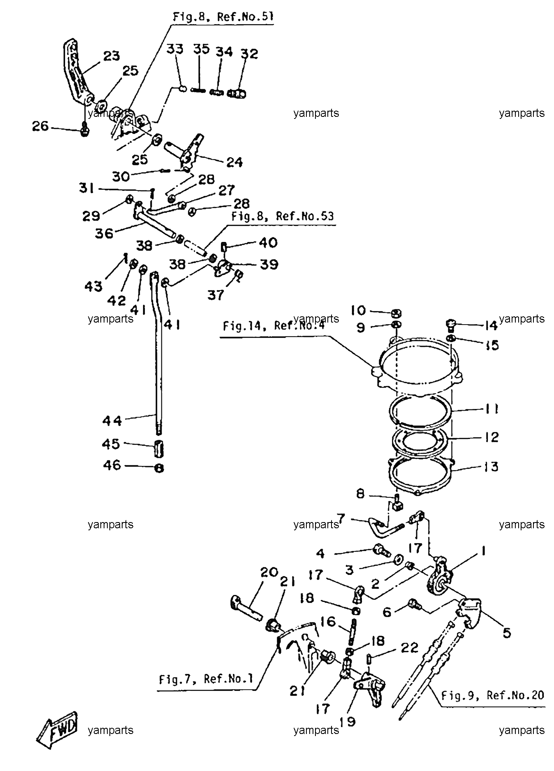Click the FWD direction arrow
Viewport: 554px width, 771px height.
tap(56, 730)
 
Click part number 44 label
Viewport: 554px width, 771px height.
tap(112, 421)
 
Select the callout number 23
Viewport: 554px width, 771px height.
tap(111, 56)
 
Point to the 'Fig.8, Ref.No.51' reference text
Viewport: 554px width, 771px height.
tap(223, 17)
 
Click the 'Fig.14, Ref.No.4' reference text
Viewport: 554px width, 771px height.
tap(274, 326)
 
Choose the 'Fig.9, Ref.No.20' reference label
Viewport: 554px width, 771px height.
tap(493, 696)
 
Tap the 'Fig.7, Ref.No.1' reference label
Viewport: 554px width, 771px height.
tap(206, 679)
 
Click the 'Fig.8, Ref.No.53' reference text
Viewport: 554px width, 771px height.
tap(283, 217)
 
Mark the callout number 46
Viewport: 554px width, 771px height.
tap(112, 465)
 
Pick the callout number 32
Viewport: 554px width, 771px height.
tap(249, 54)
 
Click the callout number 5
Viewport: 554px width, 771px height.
tap(507, 633)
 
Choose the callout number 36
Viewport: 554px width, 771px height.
tap(104, 233)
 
